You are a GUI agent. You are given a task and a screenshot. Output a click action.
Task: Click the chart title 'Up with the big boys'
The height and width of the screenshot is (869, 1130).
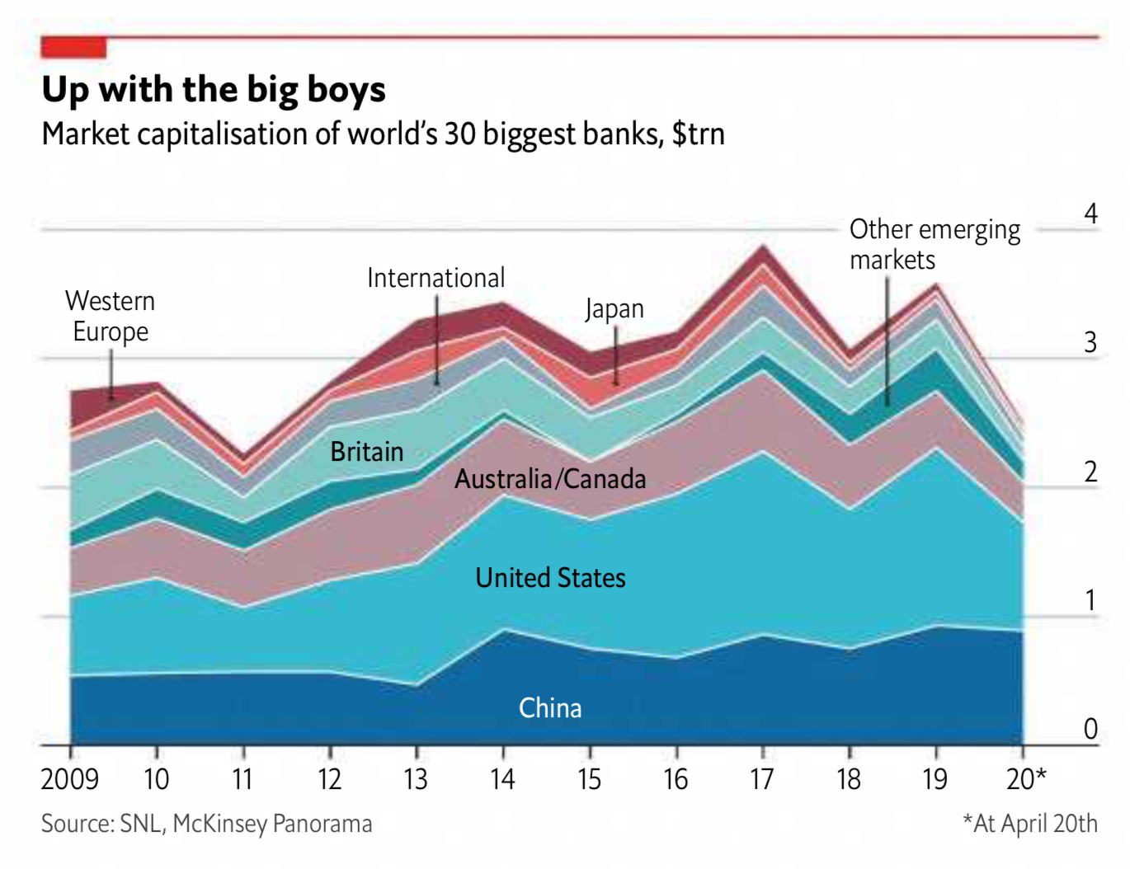point(214,90)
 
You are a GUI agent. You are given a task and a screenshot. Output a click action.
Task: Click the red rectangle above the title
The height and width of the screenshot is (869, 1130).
point(73,48)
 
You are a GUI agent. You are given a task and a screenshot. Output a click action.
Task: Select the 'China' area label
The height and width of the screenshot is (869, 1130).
point(550,708)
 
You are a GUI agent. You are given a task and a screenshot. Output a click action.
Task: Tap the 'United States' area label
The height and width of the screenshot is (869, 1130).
point(550,577)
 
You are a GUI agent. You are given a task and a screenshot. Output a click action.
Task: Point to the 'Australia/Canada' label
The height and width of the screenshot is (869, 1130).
point(550,479)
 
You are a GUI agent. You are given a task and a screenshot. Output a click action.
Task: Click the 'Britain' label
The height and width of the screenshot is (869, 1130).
point(366,452)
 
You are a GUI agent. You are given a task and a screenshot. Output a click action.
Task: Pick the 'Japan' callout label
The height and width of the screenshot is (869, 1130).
point(614,309)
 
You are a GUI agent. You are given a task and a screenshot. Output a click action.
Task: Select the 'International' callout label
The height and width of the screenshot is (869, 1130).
point(436,278)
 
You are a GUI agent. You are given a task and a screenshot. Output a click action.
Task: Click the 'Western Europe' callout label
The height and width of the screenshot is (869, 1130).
point(111,316)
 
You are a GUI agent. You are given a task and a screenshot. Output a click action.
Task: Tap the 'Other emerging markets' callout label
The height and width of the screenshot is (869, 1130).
point(934,244)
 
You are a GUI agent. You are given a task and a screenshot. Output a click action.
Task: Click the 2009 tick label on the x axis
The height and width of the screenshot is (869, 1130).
point(70,778)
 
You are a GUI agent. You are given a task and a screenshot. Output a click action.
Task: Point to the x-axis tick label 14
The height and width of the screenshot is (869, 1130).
point(502,778)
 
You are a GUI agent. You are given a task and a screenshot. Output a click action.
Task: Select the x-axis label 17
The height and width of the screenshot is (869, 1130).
point(761,778)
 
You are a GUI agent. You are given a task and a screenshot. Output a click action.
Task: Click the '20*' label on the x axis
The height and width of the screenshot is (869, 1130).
point(1026,778)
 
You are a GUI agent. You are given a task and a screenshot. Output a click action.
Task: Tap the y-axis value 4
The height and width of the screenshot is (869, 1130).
point(1090,214)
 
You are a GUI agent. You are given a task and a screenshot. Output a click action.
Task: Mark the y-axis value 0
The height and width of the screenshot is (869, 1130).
point(1090,729)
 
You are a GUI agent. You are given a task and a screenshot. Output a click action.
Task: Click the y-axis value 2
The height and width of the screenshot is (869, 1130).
point(1090,472)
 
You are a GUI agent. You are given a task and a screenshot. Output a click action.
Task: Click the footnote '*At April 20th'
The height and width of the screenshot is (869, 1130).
point(1029,823)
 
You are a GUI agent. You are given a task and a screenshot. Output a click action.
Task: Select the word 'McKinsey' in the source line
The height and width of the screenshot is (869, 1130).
point(220,824)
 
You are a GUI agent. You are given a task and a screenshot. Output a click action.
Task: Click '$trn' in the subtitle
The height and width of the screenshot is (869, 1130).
point(698,134)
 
